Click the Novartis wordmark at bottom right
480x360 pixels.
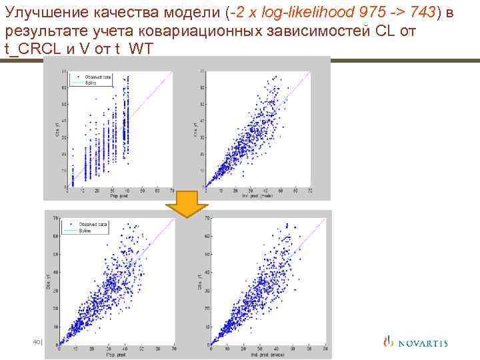click(423, 343)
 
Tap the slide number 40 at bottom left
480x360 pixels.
click(37, 342)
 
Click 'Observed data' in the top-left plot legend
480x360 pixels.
click(99, 77)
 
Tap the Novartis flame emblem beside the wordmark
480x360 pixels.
click(389, 343)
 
